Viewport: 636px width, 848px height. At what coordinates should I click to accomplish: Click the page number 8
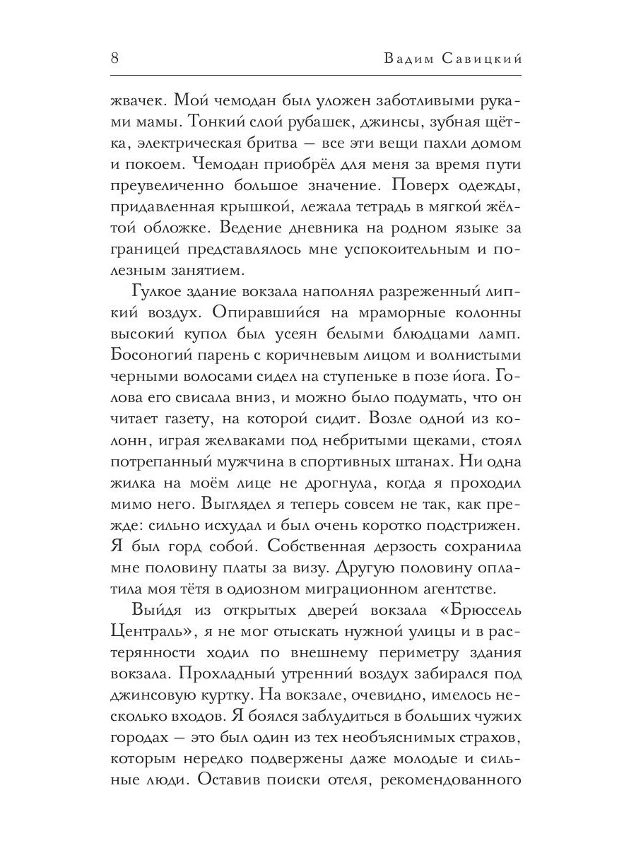pyautogui.click(x=114, y=59)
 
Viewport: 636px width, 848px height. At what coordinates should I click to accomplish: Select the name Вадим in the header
pyautogui.click(x=408, y=59)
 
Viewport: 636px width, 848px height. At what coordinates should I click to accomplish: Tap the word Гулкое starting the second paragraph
pyautogui.click(x=160, y=293)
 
